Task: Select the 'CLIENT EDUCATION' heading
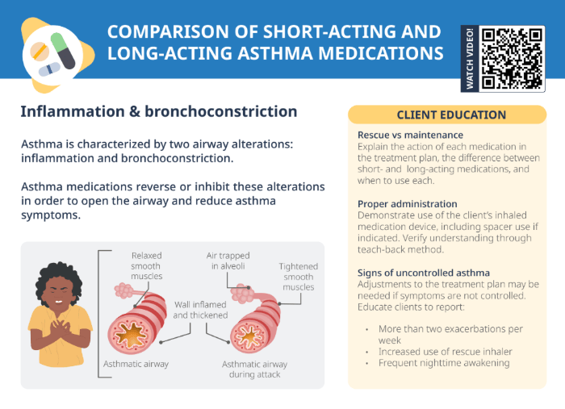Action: pos(451,115)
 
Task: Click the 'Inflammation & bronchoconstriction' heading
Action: pos(159,111)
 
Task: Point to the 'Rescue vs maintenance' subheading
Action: pos(410,135)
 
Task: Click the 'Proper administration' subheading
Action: pos(407,204)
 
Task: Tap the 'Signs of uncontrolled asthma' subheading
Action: pos(424,273)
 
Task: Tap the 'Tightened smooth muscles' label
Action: pos(298,277)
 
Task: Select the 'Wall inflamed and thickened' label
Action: pos(200,310)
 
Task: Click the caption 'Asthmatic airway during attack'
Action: pos(254,369)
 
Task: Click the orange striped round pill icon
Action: pos(38,52)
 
